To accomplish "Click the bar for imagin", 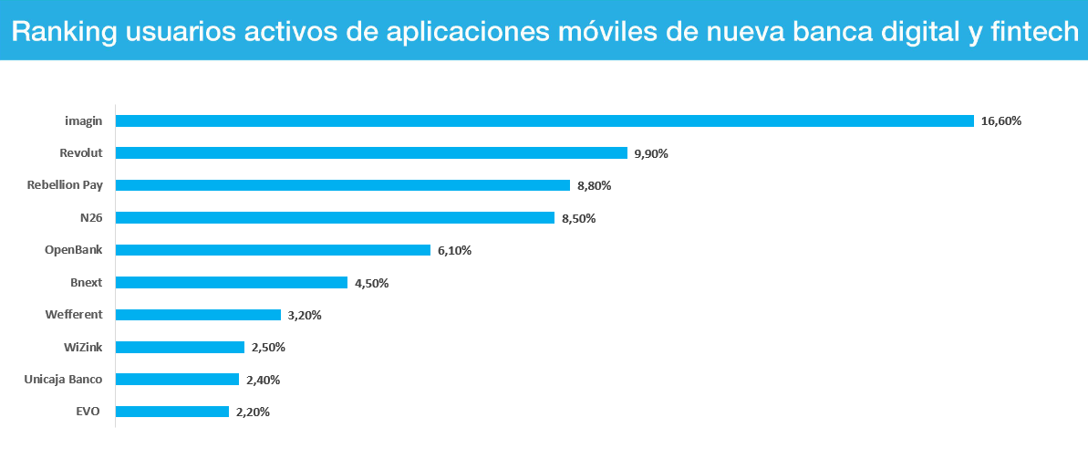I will [x=544, y=120].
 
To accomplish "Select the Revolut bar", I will [x=371, y=153].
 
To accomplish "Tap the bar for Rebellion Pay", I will [x=343, y=185].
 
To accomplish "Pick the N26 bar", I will [x=335, y=218].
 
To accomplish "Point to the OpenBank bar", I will [x=273, y=250].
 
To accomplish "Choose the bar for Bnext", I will [x=232, y=283].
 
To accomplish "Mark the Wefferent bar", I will [x=198, y=315].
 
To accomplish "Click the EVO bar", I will [x=172, y=412].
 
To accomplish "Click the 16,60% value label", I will [x=1001, y=120].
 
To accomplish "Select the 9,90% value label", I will [x=651, y=153].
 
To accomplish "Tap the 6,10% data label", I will [x=454, y=250].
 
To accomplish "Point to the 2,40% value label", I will [x=263, y=380].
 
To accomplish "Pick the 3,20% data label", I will [x=305, y=315].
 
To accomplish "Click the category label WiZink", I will [x=83, y=347].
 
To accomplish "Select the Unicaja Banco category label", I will [x=63, y=380].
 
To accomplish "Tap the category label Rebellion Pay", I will [x=65, y=185].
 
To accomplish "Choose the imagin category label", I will [x=83, y=120].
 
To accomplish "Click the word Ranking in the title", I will [x=63, y=32].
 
